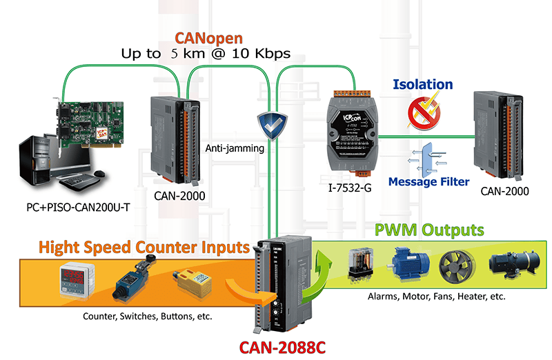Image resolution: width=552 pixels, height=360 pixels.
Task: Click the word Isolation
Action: pos(422,85)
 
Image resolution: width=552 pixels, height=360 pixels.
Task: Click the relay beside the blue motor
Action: pos(359,263)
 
